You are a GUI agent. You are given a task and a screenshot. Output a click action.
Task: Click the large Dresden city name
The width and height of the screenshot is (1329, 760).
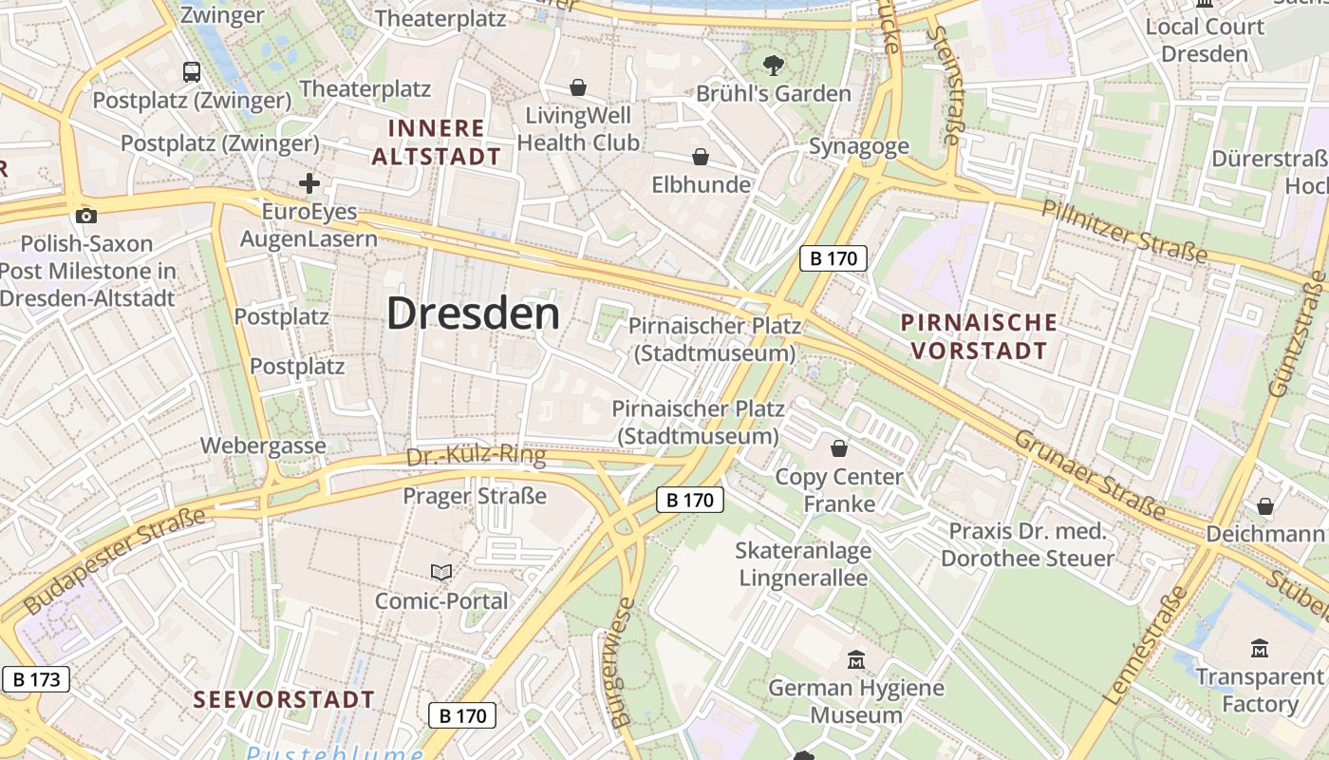click(x=473, y=313)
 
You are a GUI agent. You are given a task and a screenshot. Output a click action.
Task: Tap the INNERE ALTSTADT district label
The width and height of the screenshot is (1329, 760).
click(x=436, y=142)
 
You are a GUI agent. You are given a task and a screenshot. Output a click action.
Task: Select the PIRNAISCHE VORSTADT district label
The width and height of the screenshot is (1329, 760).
click(x=979, y=336)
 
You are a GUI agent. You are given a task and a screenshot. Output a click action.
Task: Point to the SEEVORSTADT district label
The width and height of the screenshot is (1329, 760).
click(x=285, y=700)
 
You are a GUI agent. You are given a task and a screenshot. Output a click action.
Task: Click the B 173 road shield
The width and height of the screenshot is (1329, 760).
click(x=36, y=679)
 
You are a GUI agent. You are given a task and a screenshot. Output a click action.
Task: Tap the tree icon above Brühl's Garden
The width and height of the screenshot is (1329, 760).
click(x=774, y=65)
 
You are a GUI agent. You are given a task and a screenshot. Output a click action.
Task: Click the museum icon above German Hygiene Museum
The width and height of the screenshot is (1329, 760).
click(x=856, y=659)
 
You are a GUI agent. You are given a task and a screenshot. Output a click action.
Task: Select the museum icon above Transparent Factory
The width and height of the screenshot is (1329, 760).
click(x=1260, y=649)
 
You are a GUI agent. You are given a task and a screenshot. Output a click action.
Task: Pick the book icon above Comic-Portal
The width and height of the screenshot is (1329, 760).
click(x=441, y=572)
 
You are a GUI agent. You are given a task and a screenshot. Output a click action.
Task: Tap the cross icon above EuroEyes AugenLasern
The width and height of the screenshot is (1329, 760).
click(x=309, y=183)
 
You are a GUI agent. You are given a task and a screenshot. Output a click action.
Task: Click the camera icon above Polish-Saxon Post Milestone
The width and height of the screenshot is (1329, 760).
click(x=86, y=216)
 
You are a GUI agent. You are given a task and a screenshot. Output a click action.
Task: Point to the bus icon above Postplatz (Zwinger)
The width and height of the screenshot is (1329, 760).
click(x=192, y=71)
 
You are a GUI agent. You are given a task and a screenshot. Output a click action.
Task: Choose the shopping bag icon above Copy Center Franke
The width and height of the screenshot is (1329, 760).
click(x=839, y=447)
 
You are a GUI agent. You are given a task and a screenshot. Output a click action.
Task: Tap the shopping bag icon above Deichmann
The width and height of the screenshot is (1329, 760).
click(x=1264, y=506)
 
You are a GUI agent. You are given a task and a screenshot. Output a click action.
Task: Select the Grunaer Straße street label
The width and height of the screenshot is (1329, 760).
click(x=1090, y=474)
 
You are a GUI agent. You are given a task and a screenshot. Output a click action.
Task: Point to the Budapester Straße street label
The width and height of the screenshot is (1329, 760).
click(x=114, y=560)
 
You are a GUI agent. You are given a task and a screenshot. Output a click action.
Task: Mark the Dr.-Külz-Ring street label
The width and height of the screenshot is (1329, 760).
click(x=476, y=456)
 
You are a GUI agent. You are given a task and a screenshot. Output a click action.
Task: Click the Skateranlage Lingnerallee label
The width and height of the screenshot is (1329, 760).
click(x=802, y=564)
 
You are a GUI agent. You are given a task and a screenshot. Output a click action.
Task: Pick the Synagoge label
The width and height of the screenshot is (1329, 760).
click(x=858, y=146)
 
